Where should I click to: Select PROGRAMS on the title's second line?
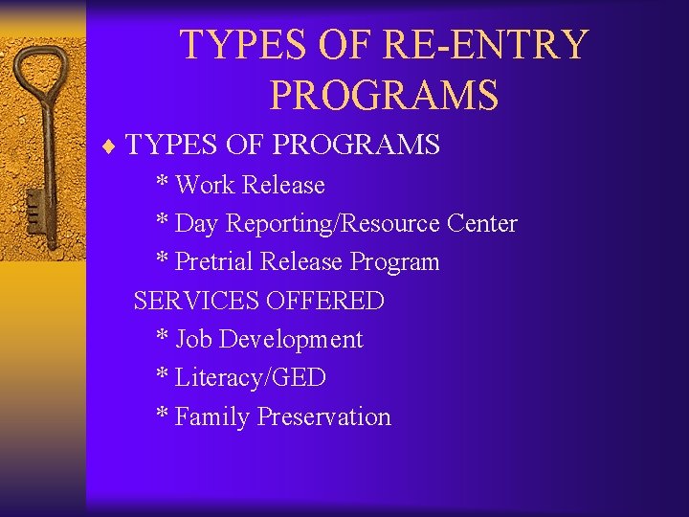384,95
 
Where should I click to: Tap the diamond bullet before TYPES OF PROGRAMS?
111,146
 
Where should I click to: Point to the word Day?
197,224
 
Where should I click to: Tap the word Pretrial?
215,262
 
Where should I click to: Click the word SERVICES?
196,301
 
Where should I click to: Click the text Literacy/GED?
251,378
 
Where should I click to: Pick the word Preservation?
324,417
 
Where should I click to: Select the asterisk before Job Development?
163,338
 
